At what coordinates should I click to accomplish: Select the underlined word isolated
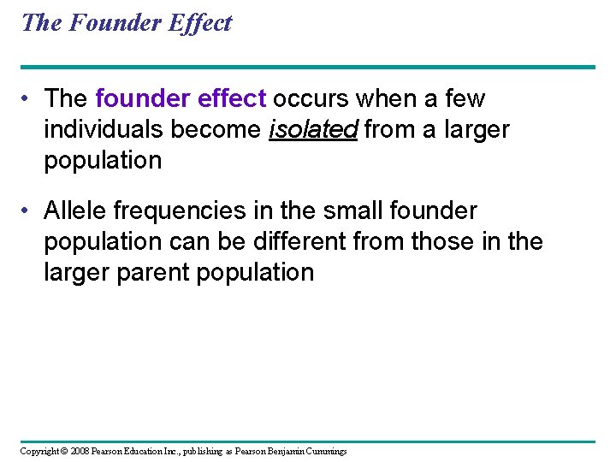tap(312, 130)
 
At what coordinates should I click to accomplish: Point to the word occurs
tap(311, 99)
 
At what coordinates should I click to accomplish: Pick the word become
tap(219, 130)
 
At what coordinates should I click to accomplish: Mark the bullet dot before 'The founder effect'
tap(29, 100)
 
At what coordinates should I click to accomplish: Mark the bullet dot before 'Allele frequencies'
tap(29, 211)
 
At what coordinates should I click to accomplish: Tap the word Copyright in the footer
tap(39, 451)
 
